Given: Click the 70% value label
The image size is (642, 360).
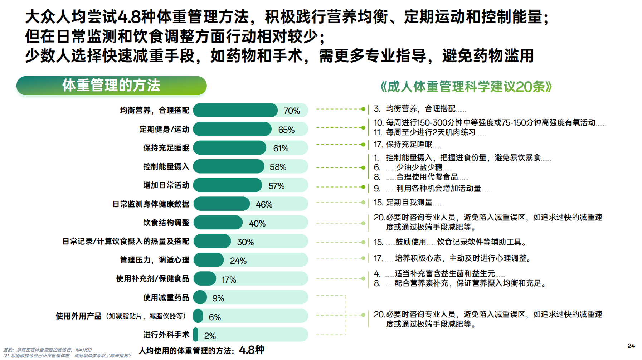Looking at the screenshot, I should click(292, 111).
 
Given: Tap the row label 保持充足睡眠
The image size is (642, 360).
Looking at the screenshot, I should click(166, 148).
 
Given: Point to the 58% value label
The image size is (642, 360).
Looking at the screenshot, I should click(278, 167).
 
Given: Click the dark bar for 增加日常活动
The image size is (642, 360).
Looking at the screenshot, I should click(228, 185).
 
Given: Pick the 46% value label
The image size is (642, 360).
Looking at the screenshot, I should click(264, 205).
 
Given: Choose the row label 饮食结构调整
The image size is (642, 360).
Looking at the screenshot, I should click(166, 223).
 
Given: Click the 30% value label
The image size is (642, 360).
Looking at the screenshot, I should click(245, 242).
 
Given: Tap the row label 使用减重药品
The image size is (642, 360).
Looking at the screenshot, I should click(166, 297).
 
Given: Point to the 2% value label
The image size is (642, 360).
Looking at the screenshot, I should click(210, 336).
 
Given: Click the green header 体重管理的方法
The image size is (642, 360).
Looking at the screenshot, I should click(111, 86).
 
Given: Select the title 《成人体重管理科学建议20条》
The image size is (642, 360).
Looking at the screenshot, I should click(466, 87).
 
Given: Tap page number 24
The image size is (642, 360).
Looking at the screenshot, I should click(631, 346).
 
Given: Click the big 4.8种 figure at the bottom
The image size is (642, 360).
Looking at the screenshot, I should click(252, 350).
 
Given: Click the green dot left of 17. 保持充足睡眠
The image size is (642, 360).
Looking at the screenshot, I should click(363, 145).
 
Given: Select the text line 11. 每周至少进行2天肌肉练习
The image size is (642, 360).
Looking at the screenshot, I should click(425, 132).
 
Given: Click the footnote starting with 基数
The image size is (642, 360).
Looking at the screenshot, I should click(48, 350).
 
